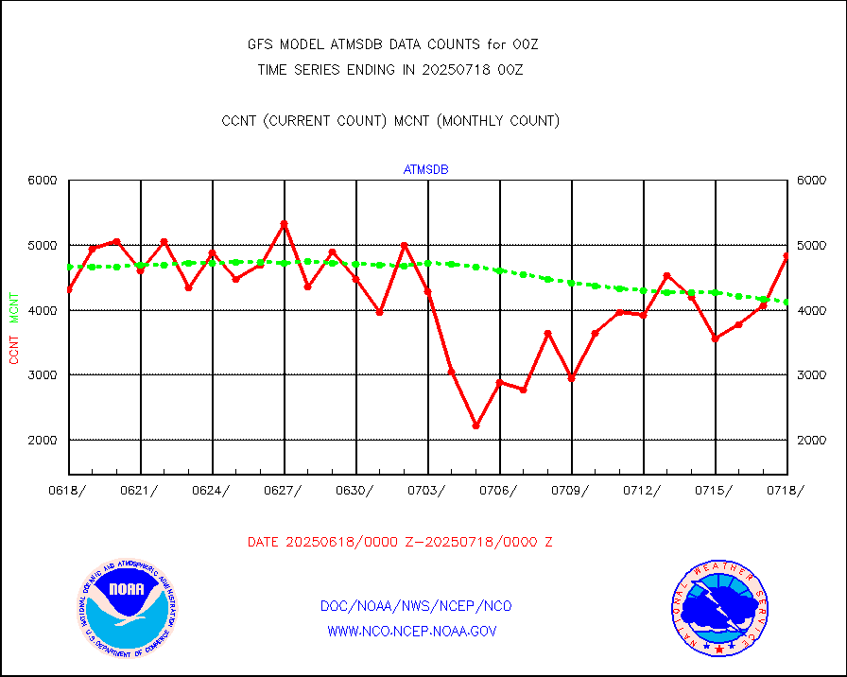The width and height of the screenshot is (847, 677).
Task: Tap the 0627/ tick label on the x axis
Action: point(281,490)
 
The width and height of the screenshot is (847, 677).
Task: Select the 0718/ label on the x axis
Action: point(784,490)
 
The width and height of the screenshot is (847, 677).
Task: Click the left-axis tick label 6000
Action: point(43,181)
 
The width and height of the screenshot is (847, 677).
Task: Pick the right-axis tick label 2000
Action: point(812,441)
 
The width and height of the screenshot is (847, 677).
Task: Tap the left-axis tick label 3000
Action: point(43,375)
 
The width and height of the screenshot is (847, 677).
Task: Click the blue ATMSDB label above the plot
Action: point(426,170)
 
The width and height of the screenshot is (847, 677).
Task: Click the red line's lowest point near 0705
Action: point(475,425)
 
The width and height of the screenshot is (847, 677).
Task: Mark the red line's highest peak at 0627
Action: point(284,224)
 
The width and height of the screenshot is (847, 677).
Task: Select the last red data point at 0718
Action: point(786,256)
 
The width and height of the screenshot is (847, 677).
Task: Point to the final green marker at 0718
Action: point(786,302)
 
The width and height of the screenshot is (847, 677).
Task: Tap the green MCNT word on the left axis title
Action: point(14,307)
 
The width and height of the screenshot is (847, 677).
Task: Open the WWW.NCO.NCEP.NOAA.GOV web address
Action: point(412,631)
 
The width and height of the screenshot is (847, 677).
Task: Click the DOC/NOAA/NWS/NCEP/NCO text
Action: point(417,606)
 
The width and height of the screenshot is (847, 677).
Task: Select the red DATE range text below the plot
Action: point(400,543)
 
